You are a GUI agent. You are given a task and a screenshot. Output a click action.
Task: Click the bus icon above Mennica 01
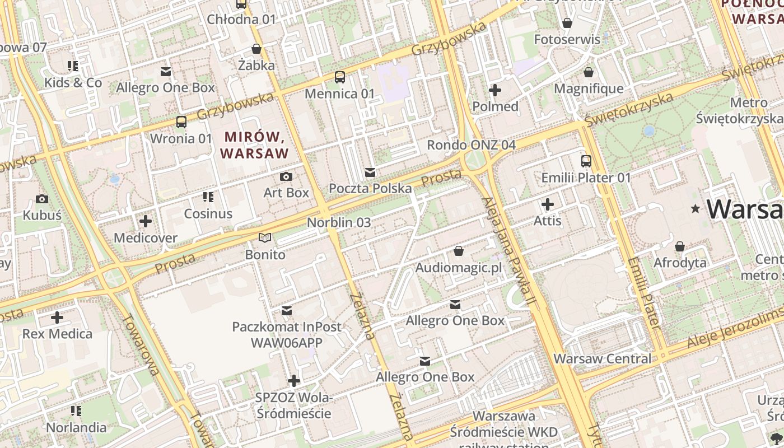tap(340, 77)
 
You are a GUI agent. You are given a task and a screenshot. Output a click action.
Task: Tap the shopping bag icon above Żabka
tap(256, 49)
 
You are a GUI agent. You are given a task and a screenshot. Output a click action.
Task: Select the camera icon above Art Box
tap(286, 176)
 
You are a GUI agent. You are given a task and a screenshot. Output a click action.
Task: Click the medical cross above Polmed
tap(495, 90)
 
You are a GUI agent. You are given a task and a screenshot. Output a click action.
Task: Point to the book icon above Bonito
tap(265, 238)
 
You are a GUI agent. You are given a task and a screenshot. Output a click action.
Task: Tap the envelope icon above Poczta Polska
tap(370, 172)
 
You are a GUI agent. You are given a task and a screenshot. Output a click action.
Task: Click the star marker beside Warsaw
tap(696, 209)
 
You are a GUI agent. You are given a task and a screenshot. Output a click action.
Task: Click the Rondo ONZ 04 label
tap(471, 145)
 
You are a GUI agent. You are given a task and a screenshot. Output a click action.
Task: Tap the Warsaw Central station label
tap(603, 358)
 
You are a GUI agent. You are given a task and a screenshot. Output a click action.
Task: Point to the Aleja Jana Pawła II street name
tap(509, 252)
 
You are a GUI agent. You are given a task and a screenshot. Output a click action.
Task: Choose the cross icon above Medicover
tap(146, 221)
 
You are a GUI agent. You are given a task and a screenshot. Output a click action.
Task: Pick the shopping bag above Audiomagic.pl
tap(459, 251)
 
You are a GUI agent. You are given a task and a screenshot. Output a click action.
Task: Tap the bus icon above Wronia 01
tap(181, 122)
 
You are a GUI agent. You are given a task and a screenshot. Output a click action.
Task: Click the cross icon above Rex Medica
tap(57, 318)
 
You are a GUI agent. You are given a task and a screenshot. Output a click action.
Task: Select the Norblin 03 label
tap(339, 222)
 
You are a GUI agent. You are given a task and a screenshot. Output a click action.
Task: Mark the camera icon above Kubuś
tap(41, 199)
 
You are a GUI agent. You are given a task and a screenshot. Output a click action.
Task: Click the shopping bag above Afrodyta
tap(680, 246)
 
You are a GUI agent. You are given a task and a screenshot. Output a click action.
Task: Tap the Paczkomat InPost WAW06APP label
tap(287, 334)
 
